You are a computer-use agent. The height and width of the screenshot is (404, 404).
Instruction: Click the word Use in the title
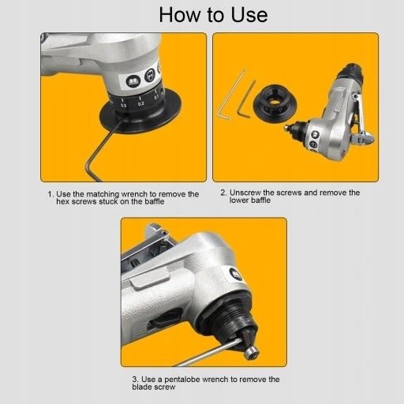249,15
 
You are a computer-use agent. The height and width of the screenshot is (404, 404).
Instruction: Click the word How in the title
179,15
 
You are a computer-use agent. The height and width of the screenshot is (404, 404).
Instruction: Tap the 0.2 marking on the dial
141,103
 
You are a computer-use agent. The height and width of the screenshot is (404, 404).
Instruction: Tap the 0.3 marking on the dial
124,105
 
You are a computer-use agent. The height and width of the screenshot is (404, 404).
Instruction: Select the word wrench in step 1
134,194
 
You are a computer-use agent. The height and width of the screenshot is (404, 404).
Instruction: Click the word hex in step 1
63,201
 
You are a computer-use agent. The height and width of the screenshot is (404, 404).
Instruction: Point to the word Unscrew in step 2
245,193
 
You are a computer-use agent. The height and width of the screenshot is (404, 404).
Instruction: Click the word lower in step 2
239,200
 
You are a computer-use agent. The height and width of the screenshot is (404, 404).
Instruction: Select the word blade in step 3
142,387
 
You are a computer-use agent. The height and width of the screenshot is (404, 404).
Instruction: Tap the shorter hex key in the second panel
246,100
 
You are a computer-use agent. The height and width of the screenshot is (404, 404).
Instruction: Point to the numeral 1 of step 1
50,194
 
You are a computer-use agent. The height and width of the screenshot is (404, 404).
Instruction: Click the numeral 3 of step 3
135,380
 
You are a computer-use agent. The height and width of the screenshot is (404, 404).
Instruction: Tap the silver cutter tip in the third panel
251,353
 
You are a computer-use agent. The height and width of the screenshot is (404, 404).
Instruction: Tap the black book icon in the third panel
236,274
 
